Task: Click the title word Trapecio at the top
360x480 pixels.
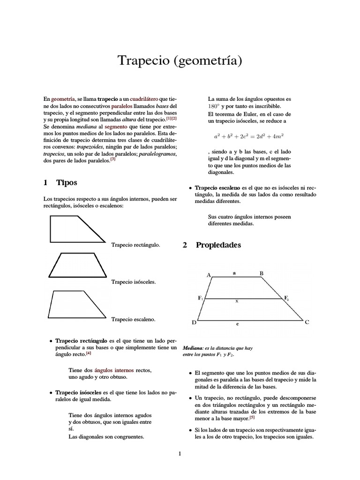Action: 143,61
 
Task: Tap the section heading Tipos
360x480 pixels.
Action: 67,182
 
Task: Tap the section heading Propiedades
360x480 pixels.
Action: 218,245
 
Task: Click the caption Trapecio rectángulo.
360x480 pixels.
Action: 135,245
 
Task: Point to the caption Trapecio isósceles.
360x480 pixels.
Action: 133,282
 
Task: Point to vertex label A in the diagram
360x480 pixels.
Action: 209,275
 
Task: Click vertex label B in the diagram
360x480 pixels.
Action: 262,273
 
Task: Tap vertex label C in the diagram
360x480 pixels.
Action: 307,322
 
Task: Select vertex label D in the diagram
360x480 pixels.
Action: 194,323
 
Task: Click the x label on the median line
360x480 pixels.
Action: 237,301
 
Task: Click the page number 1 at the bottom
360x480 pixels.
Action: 180,454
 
